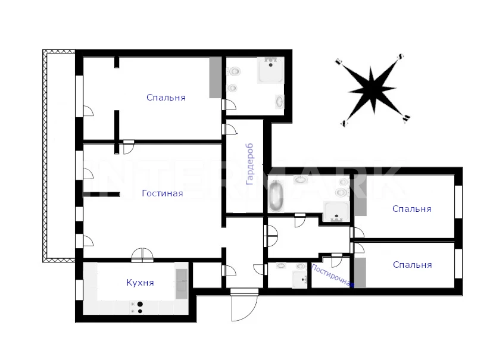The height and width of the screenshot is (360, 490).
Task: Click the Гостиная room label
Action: click(x=162, y=193)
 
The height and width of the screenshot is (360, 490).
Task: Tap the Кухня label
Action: click(x=140, y=283)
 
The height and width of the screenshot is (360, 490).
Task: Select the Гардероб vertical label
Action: click(x=249, y=164)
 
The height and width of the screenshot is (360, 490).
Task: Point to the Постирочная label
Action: click(x=333, y=276)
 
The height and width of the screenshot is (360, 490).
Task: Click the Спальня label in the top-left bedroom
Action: click(x=166, y=98)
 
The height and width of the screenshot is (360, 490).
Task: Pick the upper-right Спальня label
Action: click(x=412, y=209)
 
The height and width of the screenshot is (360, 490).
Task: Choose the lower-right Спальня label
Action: click(x=412, y=265)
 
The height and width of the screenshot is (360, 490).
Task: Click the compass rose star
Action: click(x=372, y=90)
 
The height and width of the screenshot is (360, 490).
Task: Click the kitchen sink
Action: click(x=181, y=284)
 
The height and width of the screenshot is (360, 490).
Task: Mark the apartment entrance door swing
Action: click(x=244, y=308)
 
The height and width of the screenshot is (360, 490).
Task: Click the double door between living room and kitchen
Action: click(x=142, y=255)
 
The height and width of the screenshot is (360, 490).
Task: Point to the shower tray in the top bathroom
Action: click(x=271, y=71)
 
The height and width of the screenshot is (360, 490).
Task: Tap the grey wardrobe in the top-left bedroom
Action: click(x=216, y=78)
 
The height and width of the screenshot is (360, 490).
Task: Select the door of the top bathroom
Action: click(x=229, y=105)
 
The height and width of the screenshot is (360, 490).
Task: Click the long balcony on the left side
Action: click(x=59, y=156)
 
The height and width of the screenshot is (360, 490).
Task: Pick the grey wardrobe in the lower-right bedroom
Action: click(x=360, y=273)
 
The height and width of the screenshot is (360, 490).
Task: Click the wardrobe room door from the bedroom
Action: click(x=230, y=129)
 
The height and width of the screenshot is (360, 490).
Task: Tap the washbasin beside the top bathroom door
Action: click(x=279, y=102)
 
